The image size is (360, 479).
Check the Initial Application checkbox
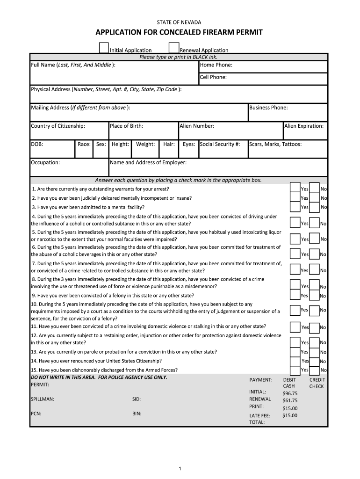click(x=103, y=48)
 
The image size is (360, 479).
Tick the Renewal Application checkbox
click(x=173, y=48)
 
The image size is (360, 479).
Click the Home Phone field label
click(x=216, y=65)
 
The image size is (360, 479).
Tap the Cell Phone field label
click(x=213, y=77)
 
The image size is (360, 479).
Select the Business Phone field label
click(x=268, y=108)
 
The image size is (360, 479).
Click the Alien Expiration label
click(x=303, y=126)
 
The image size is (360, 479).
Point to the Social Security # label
click(x=220, y=144)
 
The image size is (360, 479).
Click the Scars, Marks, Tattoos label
click(x=275, y=144)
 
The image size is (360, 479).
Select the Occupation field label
click(x=45, y=162)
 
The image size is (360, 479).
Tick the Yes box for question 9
click(x=295, y=294)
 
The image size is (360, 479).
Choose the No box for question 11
click(x=314, y=327)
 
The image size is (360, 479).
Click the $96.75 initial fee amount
click(x=290, y=393)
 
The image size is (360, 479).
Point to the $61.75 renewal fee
click(x=290, y=400)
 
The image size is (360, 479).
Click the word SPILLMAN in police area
click(x=43, y=399)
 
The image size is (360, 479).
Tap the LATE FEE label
click(x=259, y=415)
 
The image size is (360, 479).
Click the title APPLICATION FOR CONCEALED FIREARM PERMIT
click(x=179, y=32)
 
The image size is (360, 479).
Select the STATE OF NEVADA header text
click(x=180, y=22)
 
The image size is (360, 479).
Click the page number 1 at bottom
click(x=180, y=469)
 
